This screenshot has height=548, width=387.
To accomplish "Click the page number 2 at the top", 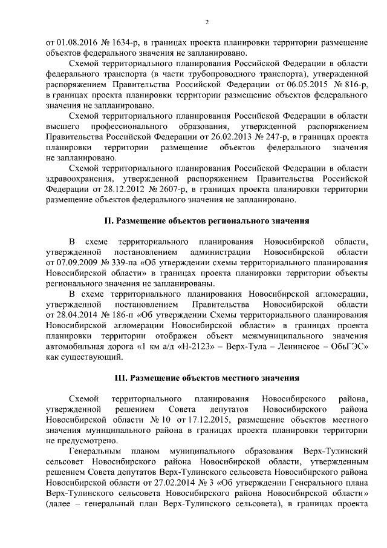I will (207, 23).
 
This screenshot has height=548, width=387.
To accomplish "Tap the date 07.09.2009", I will (75, 262).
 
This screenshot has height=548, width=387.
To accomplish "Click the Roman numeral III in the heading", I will (120, 377).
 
